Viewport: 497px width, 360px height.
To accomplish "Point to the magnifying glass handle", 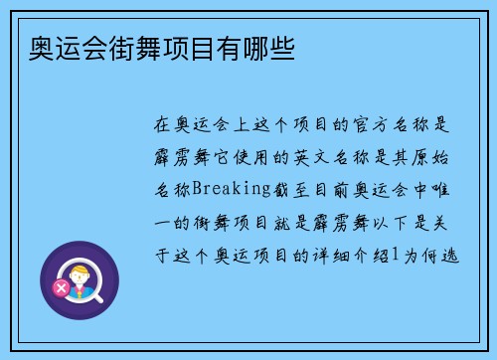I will [99, 296].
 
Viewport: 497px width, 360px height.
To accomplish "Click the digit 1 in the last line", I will [394, 255].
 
